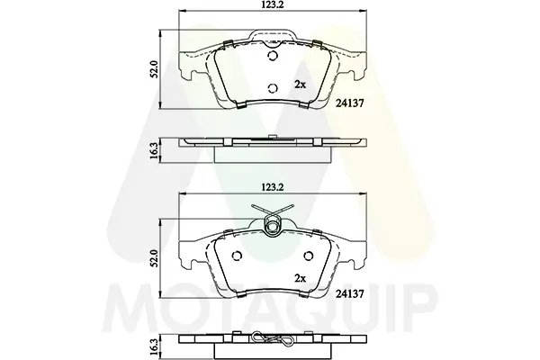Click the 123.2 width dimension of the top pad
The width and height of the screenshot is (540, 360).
[x=272, y=4]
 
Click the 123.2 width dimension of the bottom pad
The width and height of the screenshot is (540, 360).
[x=272, y=187]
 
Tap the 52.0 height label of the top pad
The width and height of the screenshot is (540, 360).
[x=155, y=69]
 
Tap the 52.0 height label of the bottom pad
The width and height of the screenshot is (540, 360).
[x=155, y=258]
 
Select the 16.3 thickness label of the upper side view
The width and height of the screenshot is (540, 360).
[x=155, y=150]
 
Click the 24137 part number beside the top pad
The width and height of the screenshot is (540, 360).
[x=349, y=103]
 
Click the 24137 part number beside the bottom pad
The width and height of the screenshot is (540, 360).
[x=349, y=293]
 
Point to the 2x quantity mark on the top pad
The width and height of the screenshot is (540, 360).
[x=301, y=85]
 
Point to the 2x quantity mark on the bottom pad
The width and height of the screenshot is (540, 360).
[x=301, y=278]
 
